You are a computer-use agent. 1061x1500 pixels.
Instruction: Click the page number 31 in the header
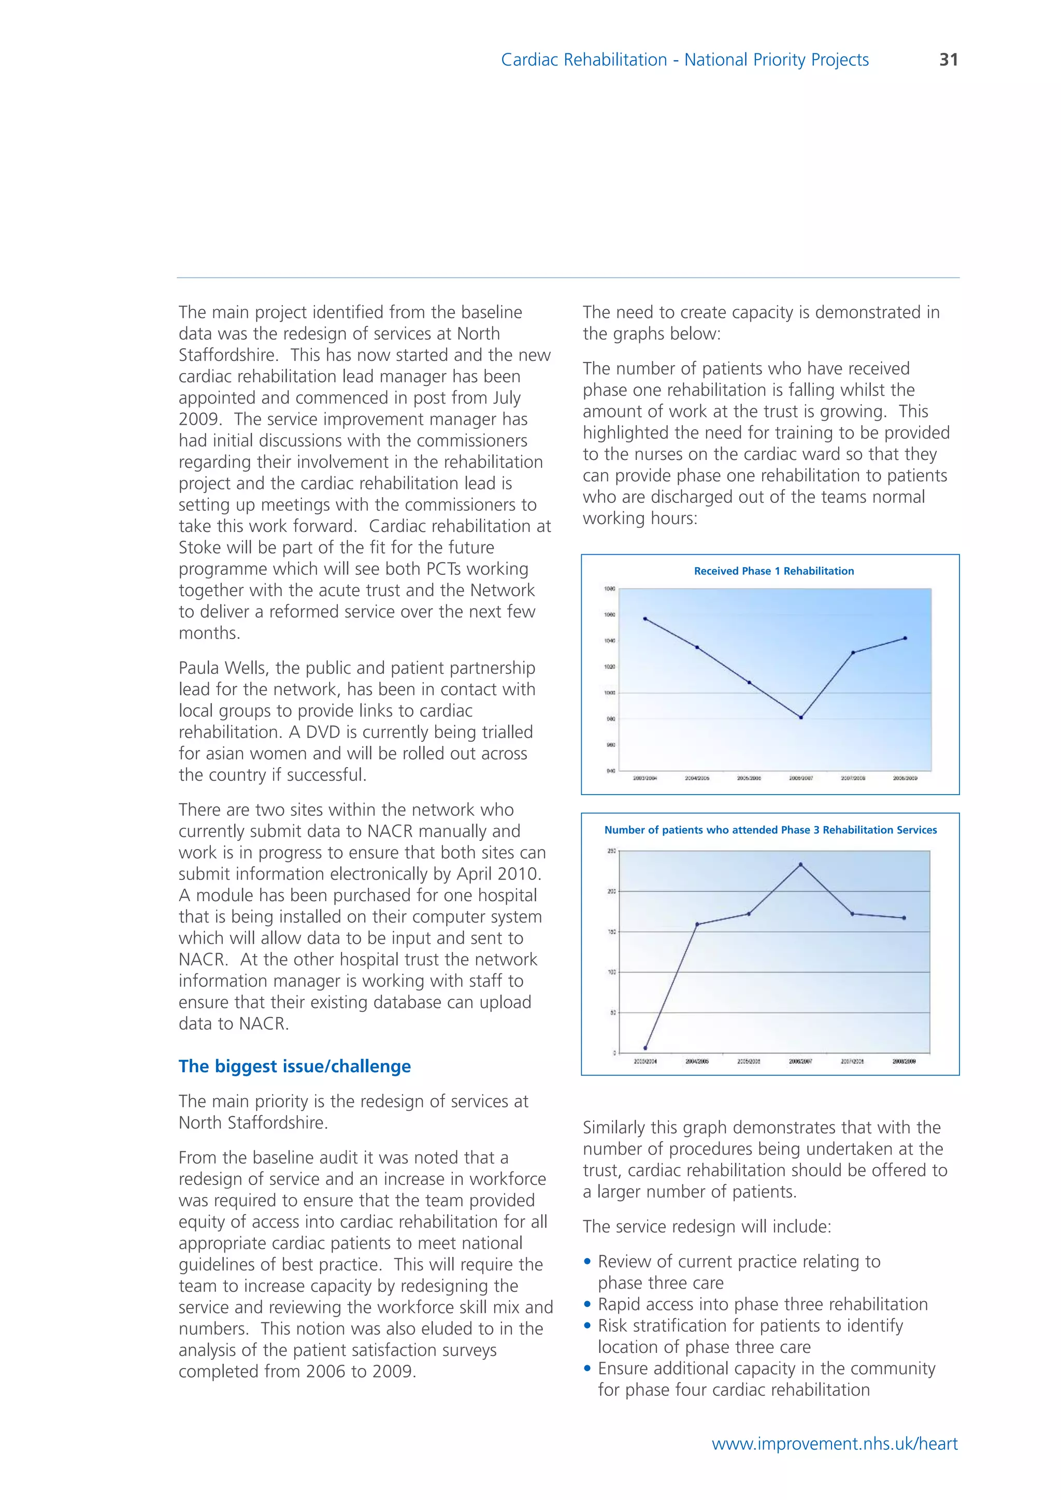pos(948,60)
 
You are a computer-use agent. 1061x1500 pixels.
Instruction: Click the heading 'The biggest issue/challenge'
pos(295,1066)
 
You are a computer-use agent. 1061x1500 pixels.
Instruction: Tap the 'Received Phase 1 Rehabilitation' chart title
pos(773,571)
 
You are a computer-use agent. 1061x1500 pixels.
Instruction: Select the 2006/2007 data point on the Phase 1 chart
pos(801,717)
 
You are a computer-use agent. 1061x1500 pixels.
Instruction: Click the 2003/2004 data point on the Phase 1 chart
pos(645,618)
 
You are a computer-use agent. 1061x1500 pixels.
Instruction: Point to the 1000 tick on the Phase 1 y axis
pos(610,693)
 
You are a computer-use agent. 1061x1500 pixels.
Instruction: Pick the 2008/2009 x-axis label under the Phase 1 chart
pos(905,778)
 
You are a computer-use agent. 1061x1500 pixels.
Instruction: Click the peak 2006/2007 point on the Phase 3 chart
pos(800,864)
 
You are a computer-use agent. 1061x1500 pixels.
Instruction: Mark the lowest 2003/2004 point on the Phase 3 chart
pos(645,1048)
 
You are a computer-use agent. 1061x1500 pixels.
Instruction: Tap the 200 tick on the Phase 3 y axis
pos(611,891)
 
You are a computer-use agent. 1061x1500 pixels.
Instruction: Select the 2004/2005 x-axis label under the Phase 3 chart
pos(696,1062)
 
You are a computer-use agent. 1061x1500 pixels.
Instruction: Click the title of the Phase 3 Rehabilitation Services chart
pos(770,830)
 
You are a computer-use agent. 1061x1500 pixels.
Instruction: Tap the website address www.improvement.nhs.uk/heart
pos(834,1444)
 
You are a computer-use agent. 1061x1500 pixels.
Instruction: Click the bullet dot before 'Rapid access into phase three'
pos(587,1305)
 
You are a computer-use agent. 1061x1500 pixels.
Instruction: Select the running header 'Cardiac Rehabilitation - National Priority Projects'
pos(685,60)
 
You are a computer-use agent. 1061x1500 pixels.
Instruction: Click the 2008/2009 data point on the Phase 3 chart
pos(904,918)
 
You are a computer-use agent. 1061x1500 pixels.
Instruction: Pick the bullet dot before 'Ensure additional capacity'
pos(587,1368)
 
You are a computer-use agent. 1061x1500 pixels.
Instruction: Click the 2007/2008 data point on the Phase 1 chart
pos(853,653)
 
